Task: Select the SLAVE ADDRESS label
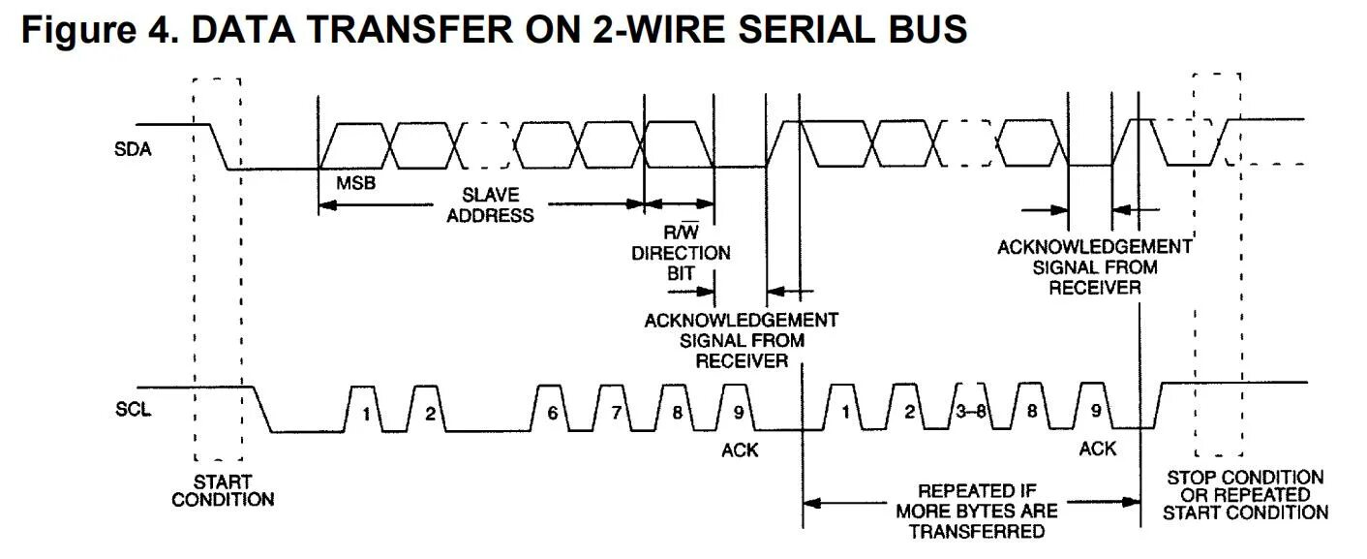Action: click(x=490, y=205)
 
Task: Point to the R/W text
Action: click(x=681, y=233)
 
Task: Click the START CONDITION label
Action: click(x=223, y=490)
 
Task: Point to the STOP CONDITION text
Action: click(x=1245, y=477)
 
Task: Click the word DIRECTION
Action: click(x=682, y=254)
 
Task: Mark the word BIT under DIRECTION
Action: click(x=681, y=273)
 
